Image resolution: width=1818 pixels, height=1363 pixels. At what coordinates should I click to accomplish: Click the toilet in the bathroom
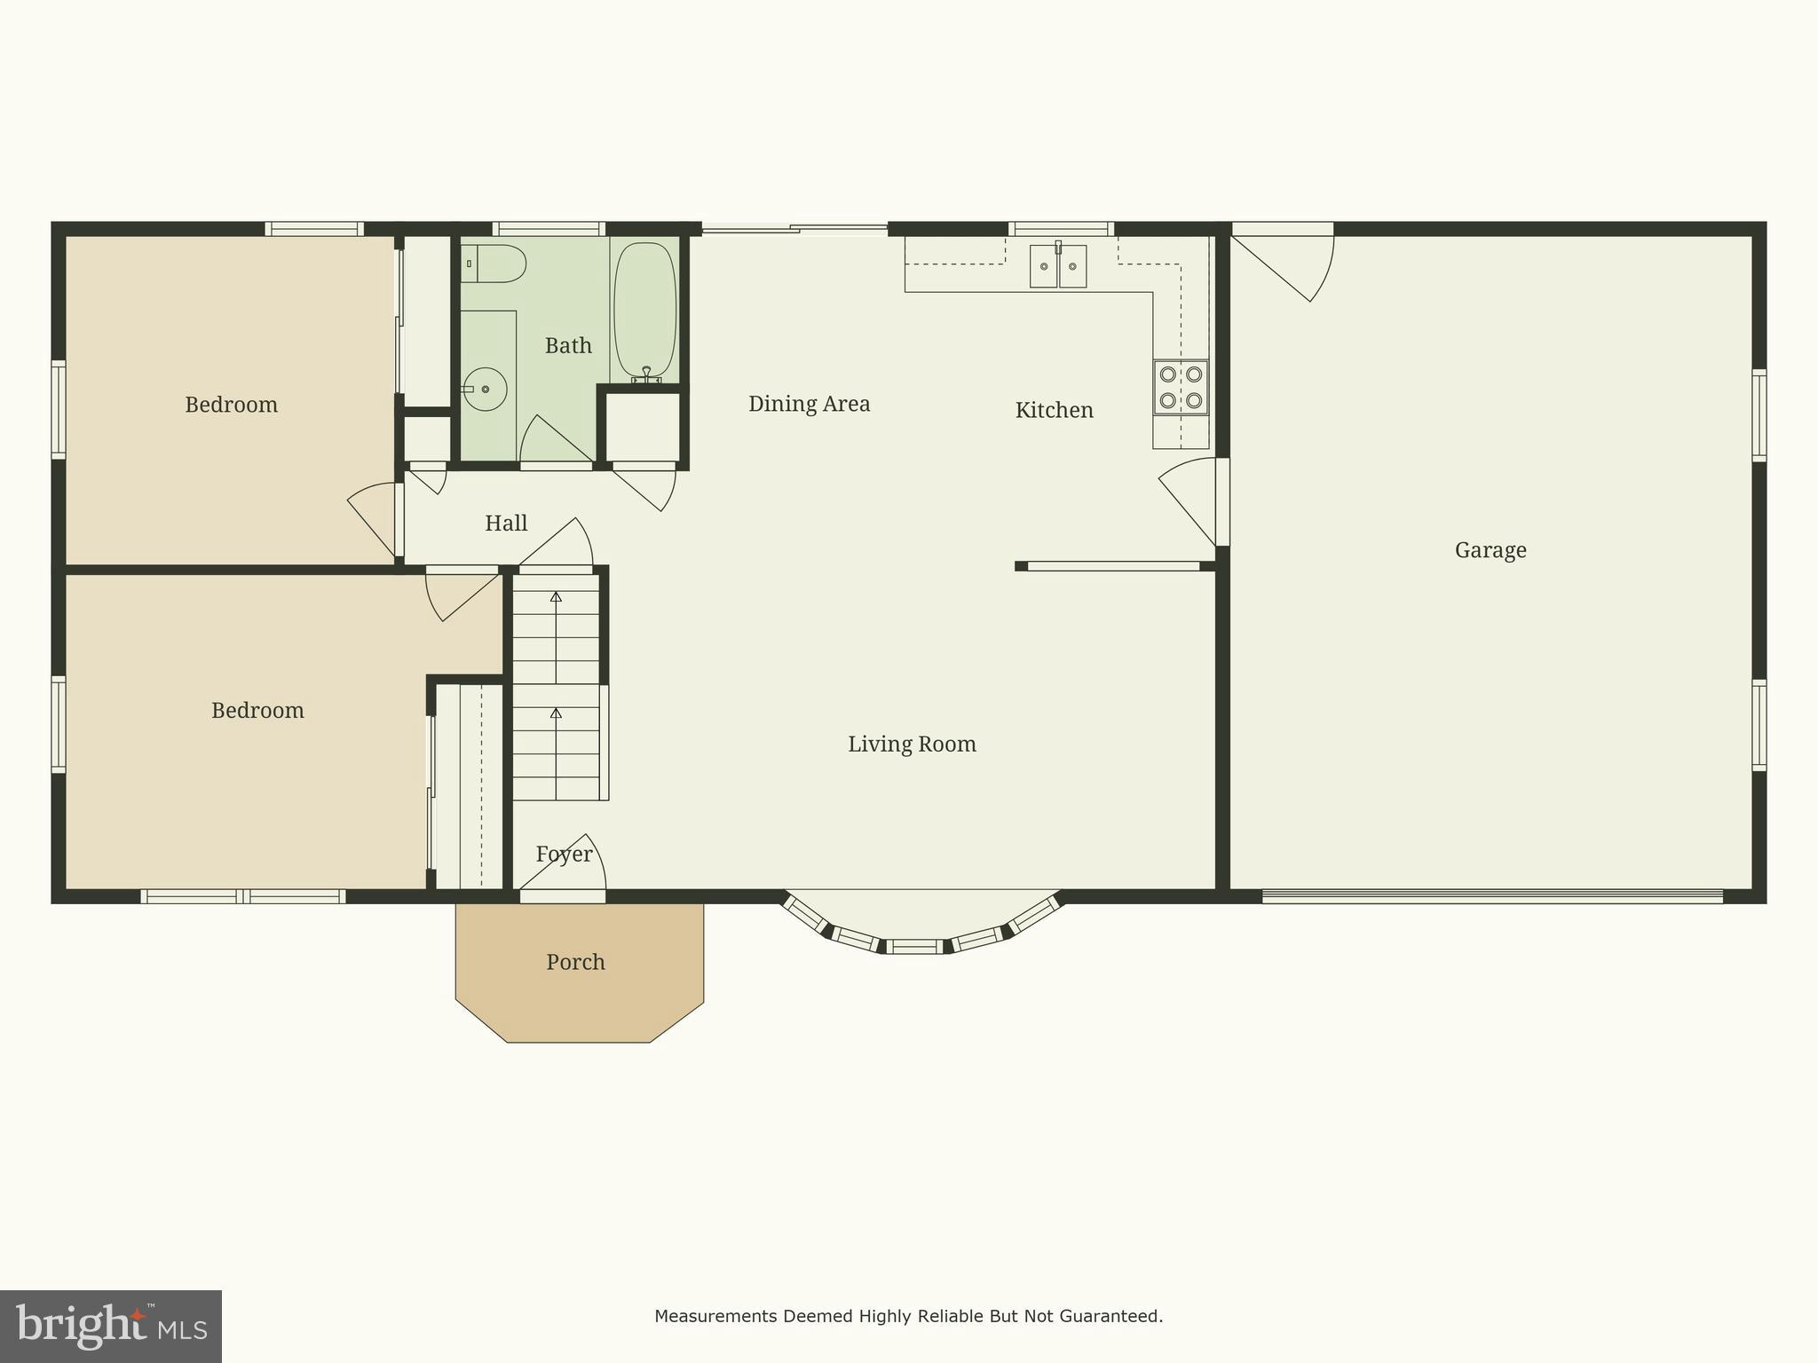tap(495, 264)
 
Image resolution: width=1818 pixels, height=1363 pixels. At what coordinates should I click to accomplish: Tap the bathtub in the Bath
tap(645, 309)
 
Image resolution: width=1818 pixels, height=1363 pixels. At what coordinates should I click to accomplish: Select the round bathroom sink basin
tap(485, 390)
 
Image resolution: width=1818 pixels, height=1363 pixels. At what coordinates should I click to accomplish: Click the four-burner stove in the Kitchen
tap(1181, 387)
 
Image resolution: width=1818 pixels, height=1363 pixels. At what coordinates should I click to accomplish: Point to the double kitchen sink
tap(1057, 266)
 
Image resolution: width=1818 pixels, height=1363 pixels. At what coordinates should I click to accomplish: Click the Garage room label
tap(1490, 550)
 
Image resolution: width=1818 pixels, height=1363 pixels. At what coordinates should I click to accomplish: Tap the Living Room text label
tap(912, 744)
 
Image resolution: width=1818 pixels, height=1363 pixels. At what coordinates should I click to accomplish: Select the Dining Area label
tap(809, 404)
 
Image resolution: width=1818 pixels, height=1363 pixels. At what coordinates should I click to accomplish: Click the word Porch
tap(575, 962)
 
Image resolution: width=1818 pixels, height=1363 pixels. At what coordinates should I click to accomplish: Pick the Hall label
tap(506, 524)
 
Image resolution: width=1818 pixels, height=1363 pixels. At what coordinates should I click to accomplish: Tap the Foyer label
tap(564, 854)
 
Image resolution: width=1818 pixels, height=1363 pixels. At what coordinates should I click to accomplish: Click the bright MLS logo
tap(110, 1326)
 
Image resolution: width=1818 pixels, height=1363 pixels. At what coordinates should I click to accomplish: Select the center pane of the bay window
tap(917, 946)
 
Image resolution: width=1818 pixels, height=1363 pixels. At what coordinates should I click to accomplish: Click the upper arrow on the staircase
tap(556, 597)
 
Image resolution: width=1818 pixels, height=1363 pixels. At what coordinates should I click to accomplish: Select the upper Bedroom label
tap(231, 405)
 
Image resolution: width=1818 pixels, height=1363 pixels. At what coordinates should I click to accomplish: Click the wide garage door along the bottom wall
tap(1491, 896)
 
